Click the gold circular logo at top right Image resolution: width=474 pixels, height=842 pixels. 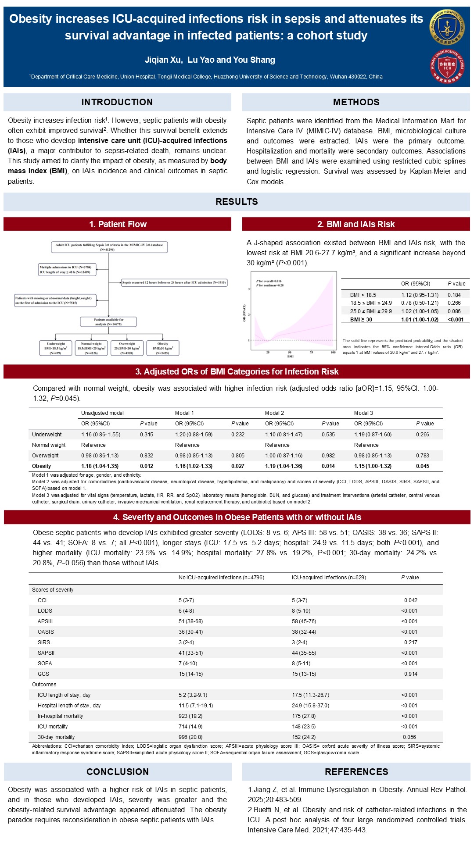pyautogui.click(x=447, y=27)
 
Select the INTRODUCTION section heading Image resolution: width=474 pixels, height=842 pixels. pyautogui.click(x=117, y=102)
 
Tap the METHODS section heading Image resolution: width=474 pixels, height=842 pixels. pyautogui.click(x=356, y=102)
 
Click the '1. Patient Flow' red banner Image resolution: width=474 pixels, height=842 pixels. pyautogui.click(x=118, y=224)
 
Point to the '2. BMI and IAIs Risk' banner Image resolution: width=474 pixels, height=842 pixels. pyautogui.click(x=356, y=224)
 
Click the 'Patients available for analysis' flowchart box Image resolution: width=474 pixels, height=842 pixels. pyautogui.click(x=108, y=322)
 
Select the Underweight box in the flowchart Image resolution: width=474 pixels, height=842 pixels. pyautogui.click(x=56, y=348)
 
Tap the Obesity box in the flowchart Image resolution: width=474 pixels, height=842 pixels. pyautogui.click(x=163, y=348)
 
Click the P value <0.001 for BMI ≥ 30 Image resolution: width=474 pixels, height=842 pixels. pyautogui.click(x=456, y=320)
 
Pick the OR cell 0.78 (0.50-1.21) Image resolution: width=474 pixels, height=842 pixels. pyautogui.click(x=420, y=303)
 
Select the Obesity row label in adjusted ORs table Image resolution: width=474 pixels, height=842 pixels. pyautogui.click(x=42, y=466)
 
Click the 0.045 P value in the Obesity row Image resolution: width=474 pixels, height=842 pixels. pyautogui.click(x=423, y=466)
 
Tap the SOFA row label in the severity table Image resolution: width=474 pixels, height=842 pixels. pyautogui.click(x=45, y=664)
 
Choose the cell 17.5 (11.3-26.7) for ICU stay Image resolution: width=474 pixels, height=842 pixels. pyautogui.click(x=310, y=695)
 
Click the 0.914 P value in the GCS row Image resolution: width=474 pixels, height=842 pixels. pyautogui.click(x=410, y=674)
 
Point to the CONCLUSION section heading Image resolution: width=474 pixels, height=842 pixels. pyautogui.click(x=118, y=772)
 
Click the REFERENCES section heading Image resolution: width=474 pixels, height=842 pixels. pyautogui.click(x=356, y=772)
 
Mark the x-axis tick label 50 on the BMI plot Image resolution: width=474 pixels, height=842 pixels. pyautogui.click(x=290, y=352)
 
